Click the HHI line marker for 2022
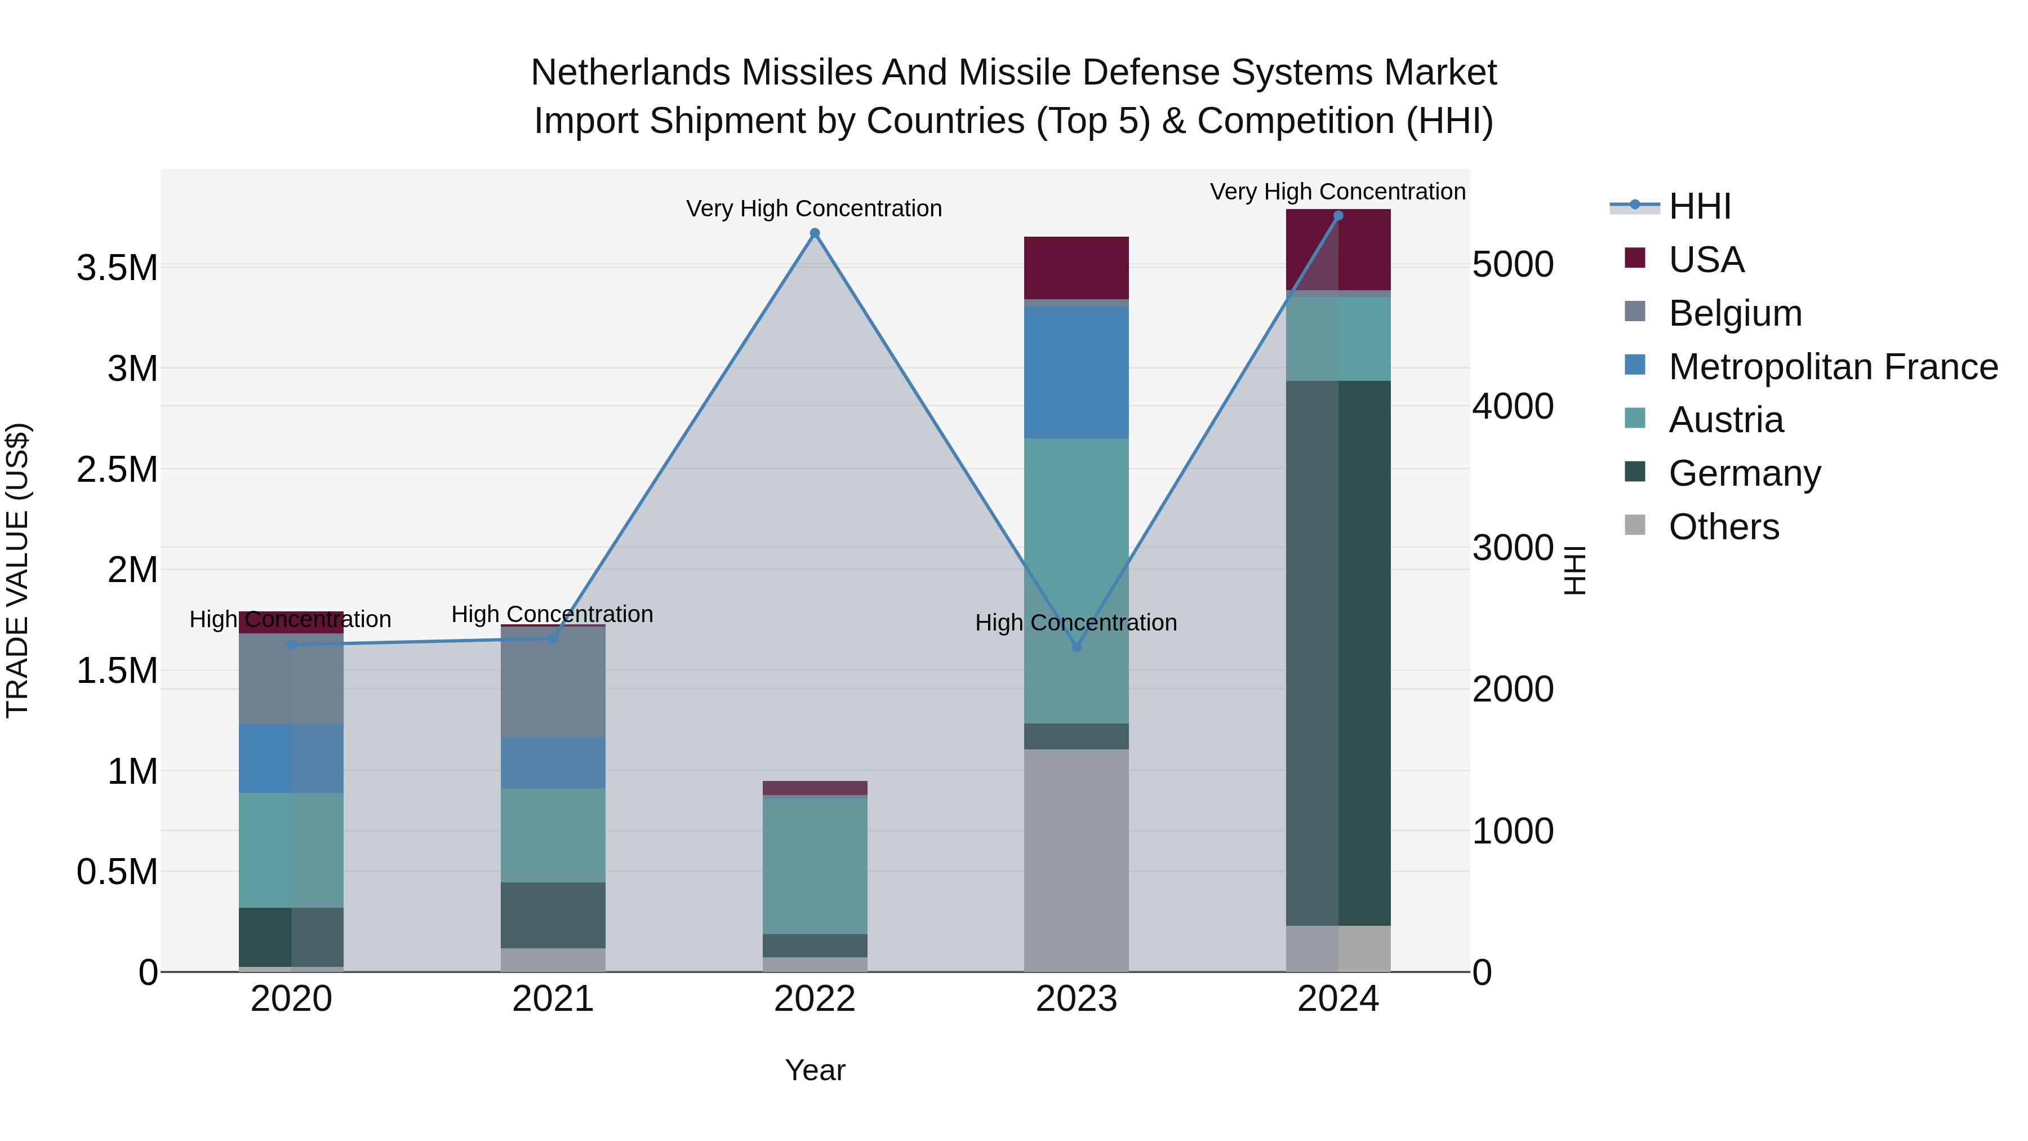click(x=815, y=233)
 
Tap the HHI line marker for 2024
click(x=1338, y=216)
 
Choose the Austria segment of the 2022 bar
click(x=815, y=866)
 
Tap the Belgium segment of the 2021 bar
click(x=553, y=682)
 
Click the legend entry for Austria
click(x=1725, y=420)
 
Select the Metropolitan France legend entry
click(x=1833, y=367)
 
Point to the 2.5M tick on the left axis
click(x=117, y=469)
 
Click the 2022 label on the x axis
click(x=815, y=999)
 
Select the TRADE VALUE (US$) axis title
click(x=17, y=570)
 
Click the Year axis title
click(x=815, y=1070)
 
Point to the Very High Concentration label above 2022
click(x=814, y=208)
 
